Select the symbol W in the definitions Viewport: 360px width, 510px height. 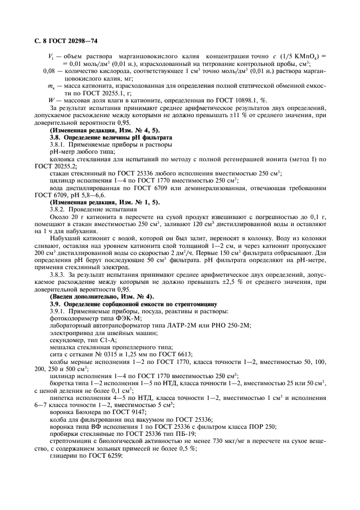pyautogui.click(x=51, y=99)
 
